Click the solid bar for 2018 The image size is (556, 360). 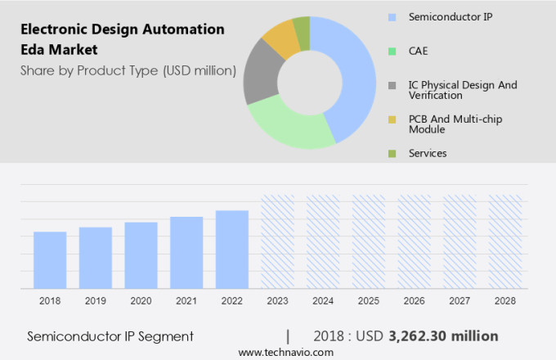pyautogui.click(x=50, y=259)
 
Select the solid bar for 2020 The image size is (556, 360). pyautogui.click(x=141, y=254)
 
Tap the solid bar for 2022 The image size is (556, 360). pyautogui.click(x=232, y=249)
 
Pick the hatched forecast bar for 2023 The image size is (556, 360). pyautogui.click(x=277, y=241)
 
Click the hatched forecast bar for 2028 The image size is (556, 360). pyautogui.click(x=504, y=241)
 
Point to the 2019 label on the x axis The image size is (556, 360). pyautogui.click(x=96, y=301)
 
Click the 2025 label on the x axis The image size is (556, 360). pyautogui.click(x=368, y=301)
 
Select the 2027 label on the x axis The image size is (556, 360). pyautogui.click(x=460, y=301)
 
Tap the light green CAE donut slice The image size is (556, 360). pyautogui.click(x=286, y=127)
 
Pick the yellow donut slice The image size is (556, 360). pyautogui.click(x=280, y=38)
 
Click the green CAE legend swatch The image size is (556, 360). pyautogui.click(x=392, y=51)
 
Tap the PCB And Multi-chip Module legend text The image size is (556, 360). pyautogui.click(x=455, y=124)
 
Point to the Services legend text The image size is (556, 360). pyautogui.click(x=428, y=153)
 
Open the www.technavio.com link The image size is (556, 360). pyautogui.click(x=285, y=353)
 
